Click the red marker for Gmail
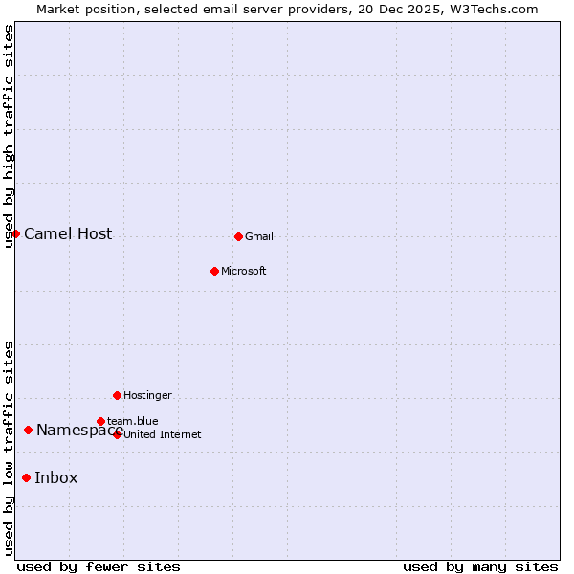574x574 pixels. [238, 236]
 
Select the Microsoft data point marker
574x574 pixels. [214, 271]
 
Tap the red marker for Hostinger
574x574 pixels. [117, 395]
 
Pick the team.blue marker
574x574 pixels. [100, 421]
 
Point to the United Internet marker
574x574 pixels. [118, 434]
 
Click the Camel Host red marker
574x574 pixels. [15, 233]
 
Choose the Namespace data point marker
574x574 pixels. [28, 430]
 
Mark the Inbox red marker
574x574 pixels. [26, 477]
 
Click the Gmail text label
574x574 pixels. [259, 236]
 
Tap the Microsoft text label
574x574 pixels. [244, 271]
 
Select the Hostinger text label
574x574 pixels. [148, 395]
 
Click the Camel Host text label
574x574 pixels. [68, 233]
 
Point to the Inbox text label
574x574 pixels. [56, 478]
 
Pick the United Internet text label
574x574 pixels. [163, 434]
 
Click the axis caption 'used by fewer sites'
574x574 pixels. [99, 566]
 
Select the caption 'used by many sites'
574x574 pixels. [480, 566]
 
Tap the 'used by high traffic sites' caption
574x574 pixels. [10, 136]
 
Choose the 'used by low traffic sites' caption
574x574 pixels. [10, 448]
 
